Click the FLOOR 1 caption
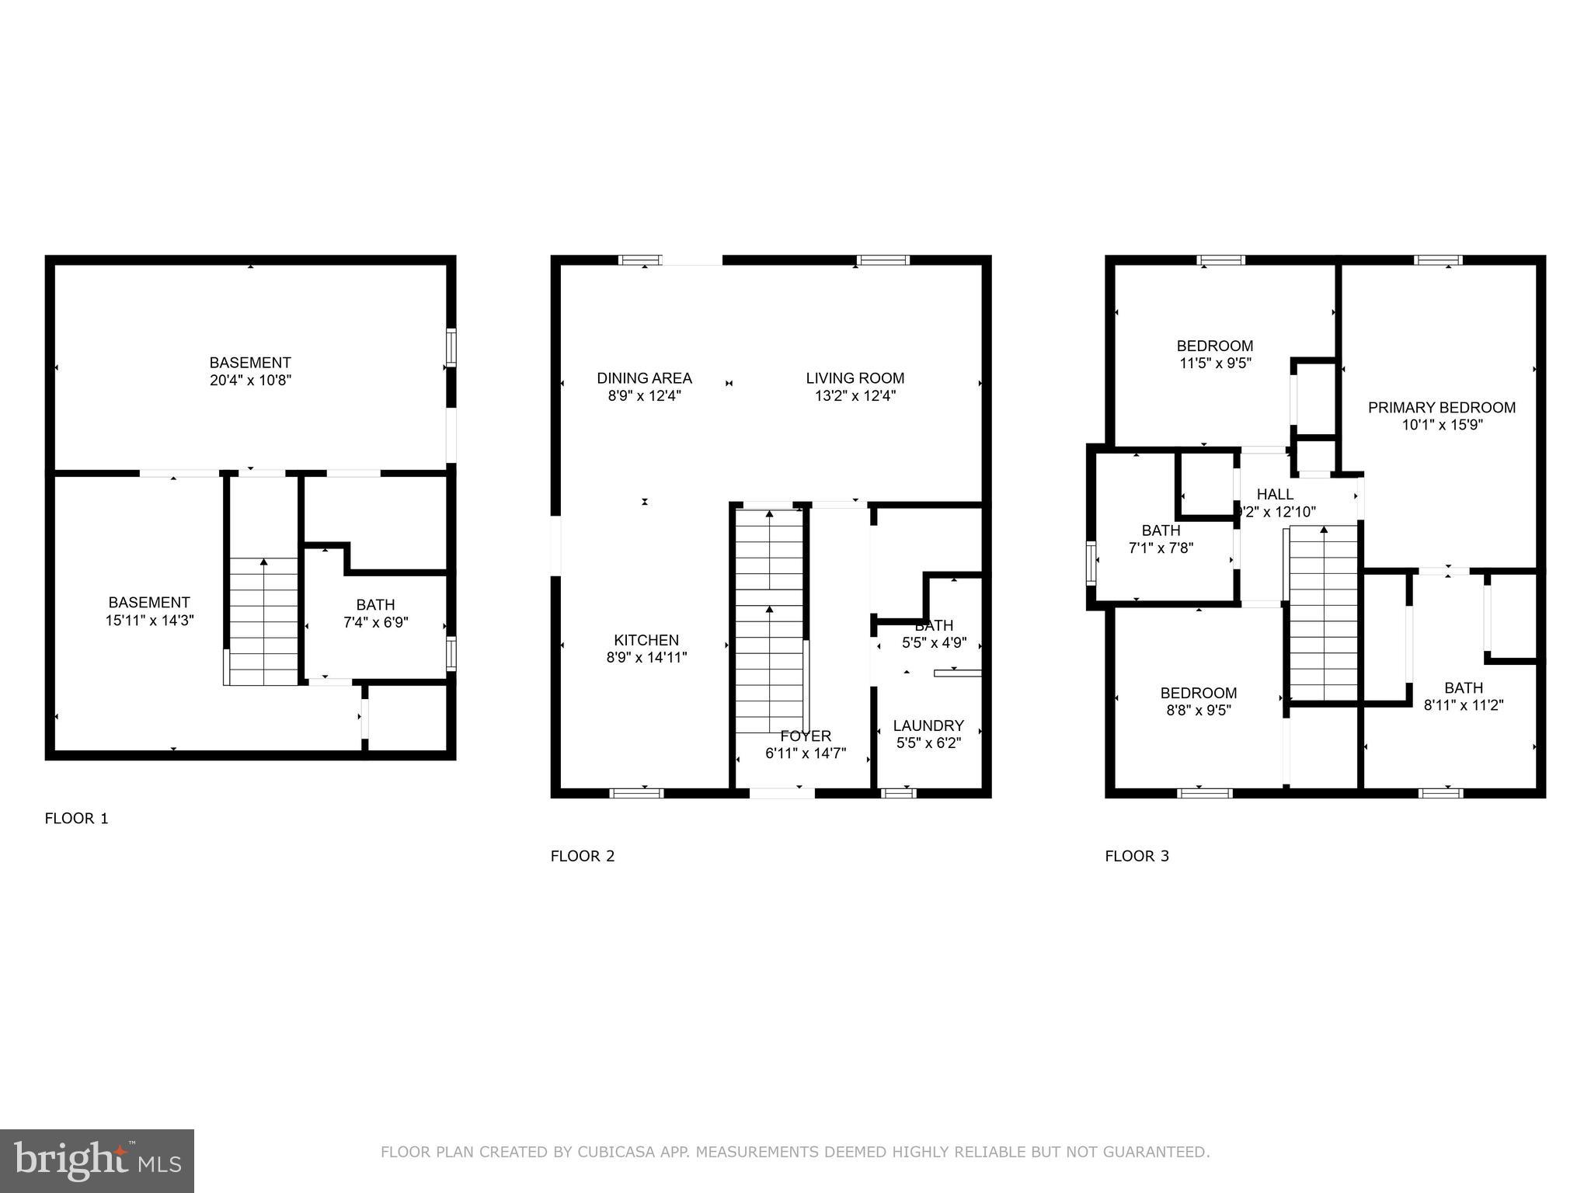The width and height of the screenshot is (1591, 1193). (76, 818)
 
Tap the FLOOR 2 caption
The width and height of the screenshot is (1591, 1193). (582, 856)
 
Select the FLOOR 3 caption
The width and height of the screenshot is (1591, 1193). (1137, 856)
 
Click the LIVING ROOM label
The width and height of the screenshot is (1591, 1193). (855, 378)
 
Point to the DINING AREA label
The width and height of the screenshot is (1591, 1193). (644, 378)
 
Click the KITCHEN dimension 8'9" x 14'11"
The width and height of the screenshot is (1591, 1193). (646, 658)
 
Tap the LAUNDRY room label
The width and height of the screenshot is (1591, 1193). (928, 725)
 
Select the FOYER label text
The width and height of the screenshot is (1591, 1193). (806, 736)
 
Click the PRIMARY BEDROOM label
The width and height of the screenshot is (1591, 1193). (1441, 408)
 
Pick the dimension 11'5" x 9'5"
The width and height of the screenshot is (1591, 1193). (1214, 363)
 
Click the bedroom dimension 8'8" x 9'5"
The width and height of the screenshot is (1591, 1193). (1198, 710)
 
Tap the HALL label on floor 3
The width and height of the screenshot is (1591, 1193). (1275, 494)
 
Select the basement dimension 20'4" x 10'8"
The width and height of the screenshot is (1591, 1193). (250, 381)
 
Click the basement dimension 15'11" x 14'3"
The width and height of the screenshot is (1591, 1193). (149, 621)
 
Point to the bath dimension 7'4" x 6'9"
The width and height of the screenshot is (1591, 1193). (375, 622)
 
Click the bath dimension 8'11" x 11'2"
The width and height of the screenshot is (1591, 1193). (1463, 705)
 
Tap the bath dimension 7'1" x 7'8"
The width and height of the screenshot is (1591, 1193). (1161, 548)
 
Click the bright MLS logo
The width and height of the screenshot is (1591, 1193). (97, 1160)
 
